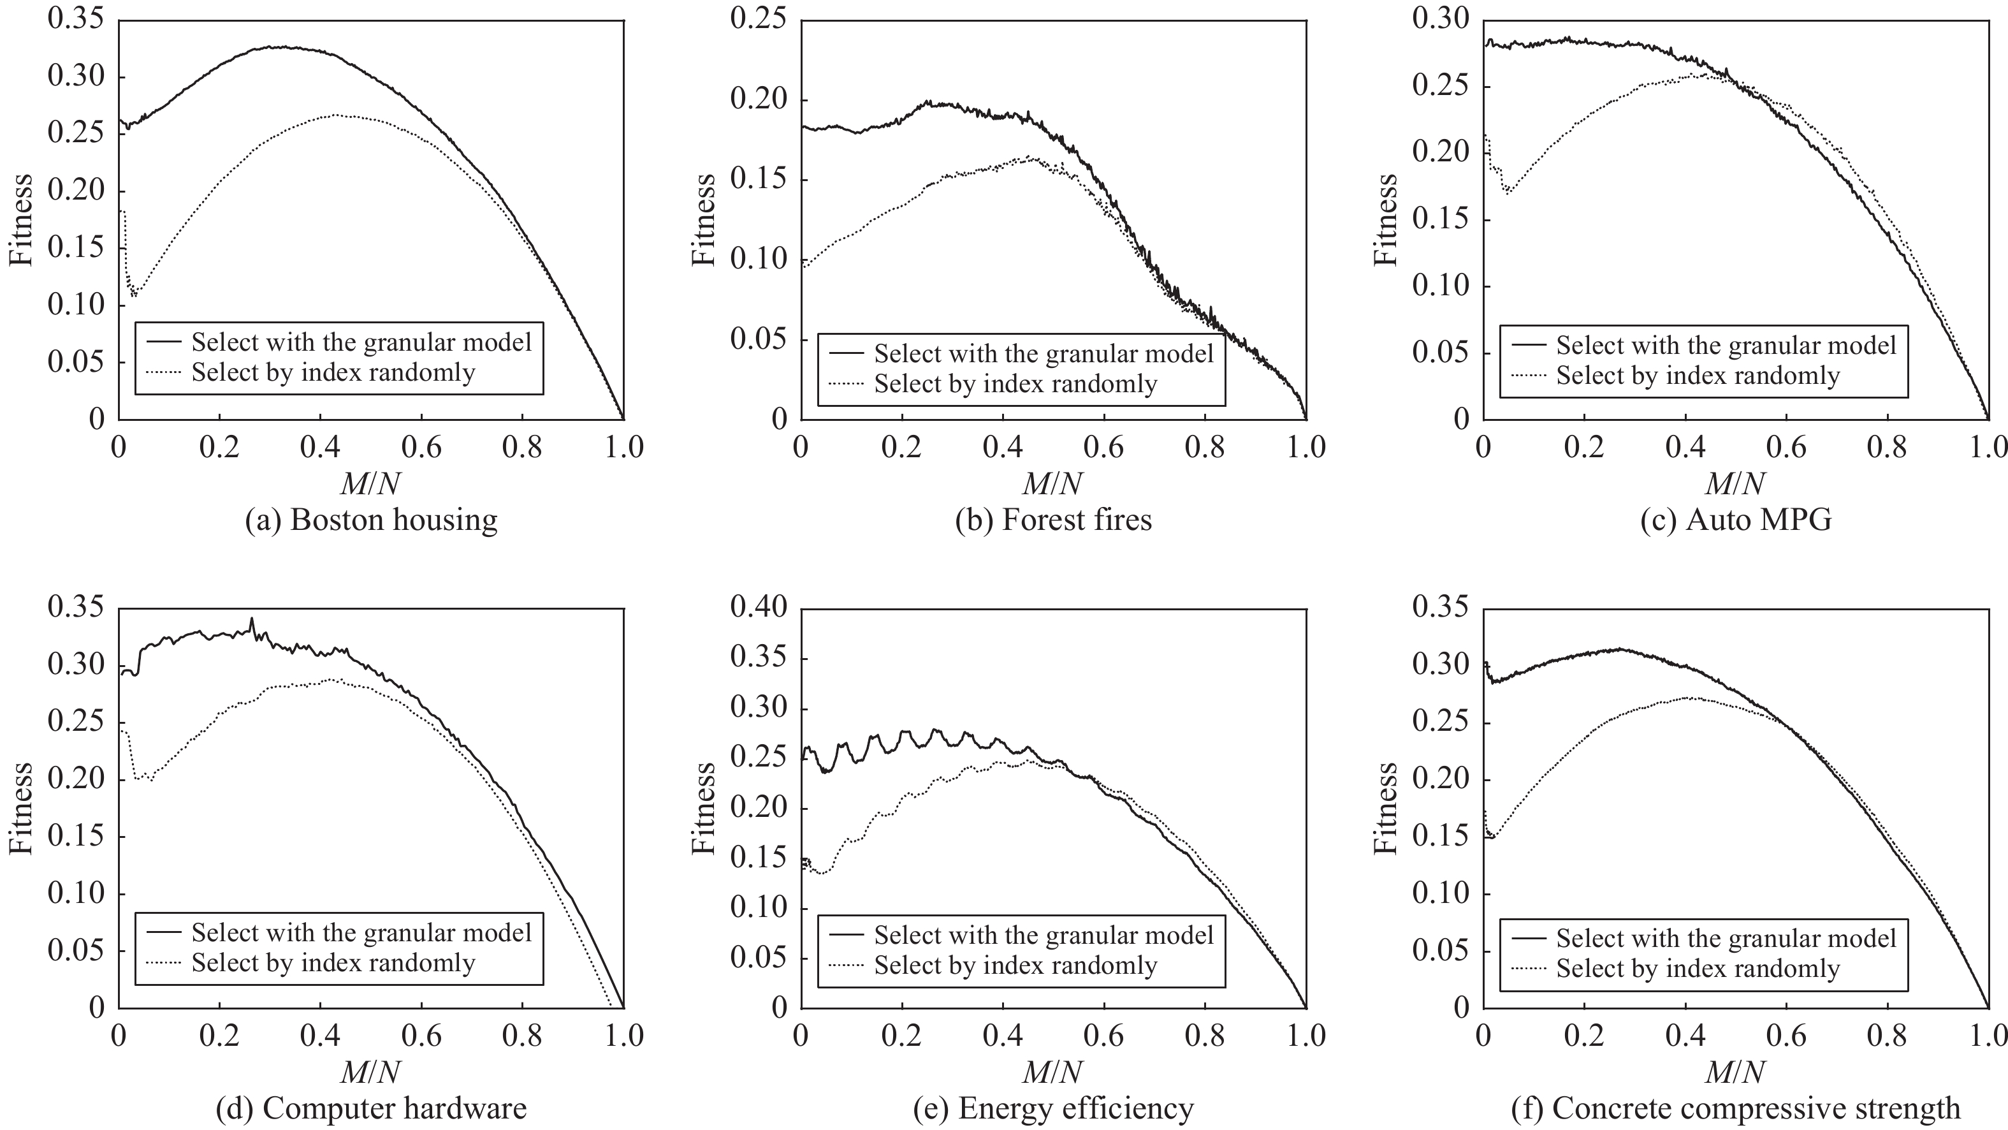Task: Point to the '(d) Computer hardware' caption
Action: [x=371, y=1108]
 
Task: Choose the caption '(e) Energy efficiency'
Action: [x=1053, y=1108]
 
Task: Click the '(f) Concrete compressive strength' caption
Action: [x=1736, y=1108]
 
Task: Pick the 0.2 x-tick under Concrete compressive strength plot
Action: [x=1584, y=1035]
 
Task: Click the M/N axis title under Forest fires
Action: [x=1053, y=484]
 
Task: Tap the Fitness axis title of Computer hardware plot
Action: [x=21, y=808]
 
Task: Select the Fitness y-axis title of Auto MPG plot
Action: [x=1386, y=219]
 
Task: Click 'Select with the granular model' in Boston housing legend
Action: [x=361, y=342]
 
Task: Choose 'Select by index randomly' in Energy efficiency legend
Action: [x=1015, y=965]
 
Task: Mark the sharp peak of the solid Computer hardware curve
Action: [x=252, y=619]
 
